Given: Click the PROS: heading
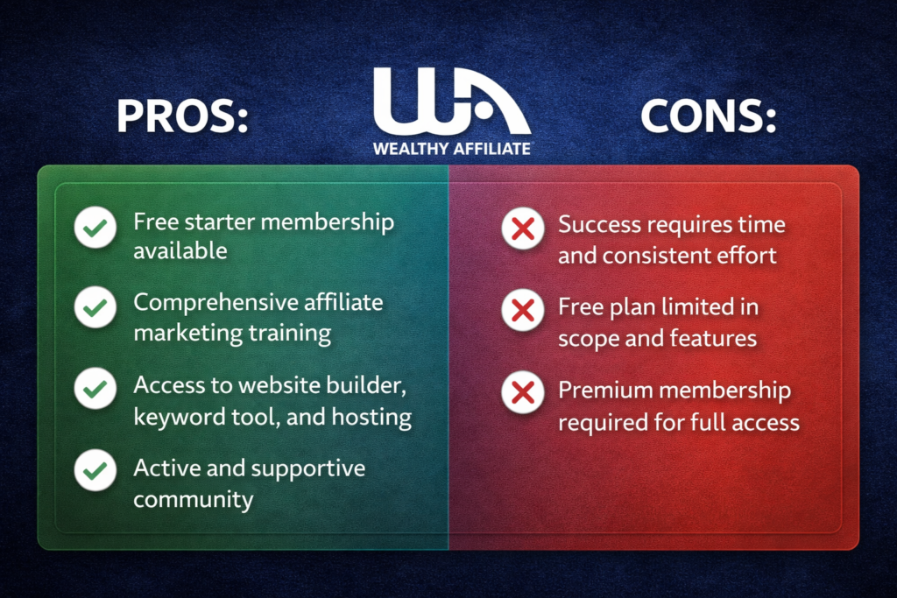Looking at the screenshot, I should tap(182, 117).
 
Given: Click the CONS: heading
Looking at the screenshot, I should tap(709, 117).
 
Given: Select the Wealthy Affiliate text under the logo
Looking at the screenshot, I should tap(451, 148).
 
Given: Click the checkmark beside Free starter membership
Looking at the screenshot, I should tap(95, 230).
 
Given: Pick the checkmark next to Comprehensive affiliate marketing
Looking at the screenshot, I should tap(95, 310).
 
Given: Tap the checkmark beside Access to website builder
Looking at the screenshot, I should tap(95, 390).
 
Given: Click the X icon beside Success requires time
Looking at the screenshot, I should tap(523, 230).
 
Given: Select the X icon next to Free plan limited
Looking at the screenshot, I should tap(523, 310).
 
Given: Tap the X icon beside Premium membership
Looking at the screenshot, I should tap(523, 391).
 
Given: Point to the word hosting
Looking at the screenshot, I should tap(373, 417).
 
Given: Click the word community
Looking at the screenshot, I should tap(193, 500).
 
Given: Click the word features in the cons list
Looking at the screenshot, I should tap(714, 337).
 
